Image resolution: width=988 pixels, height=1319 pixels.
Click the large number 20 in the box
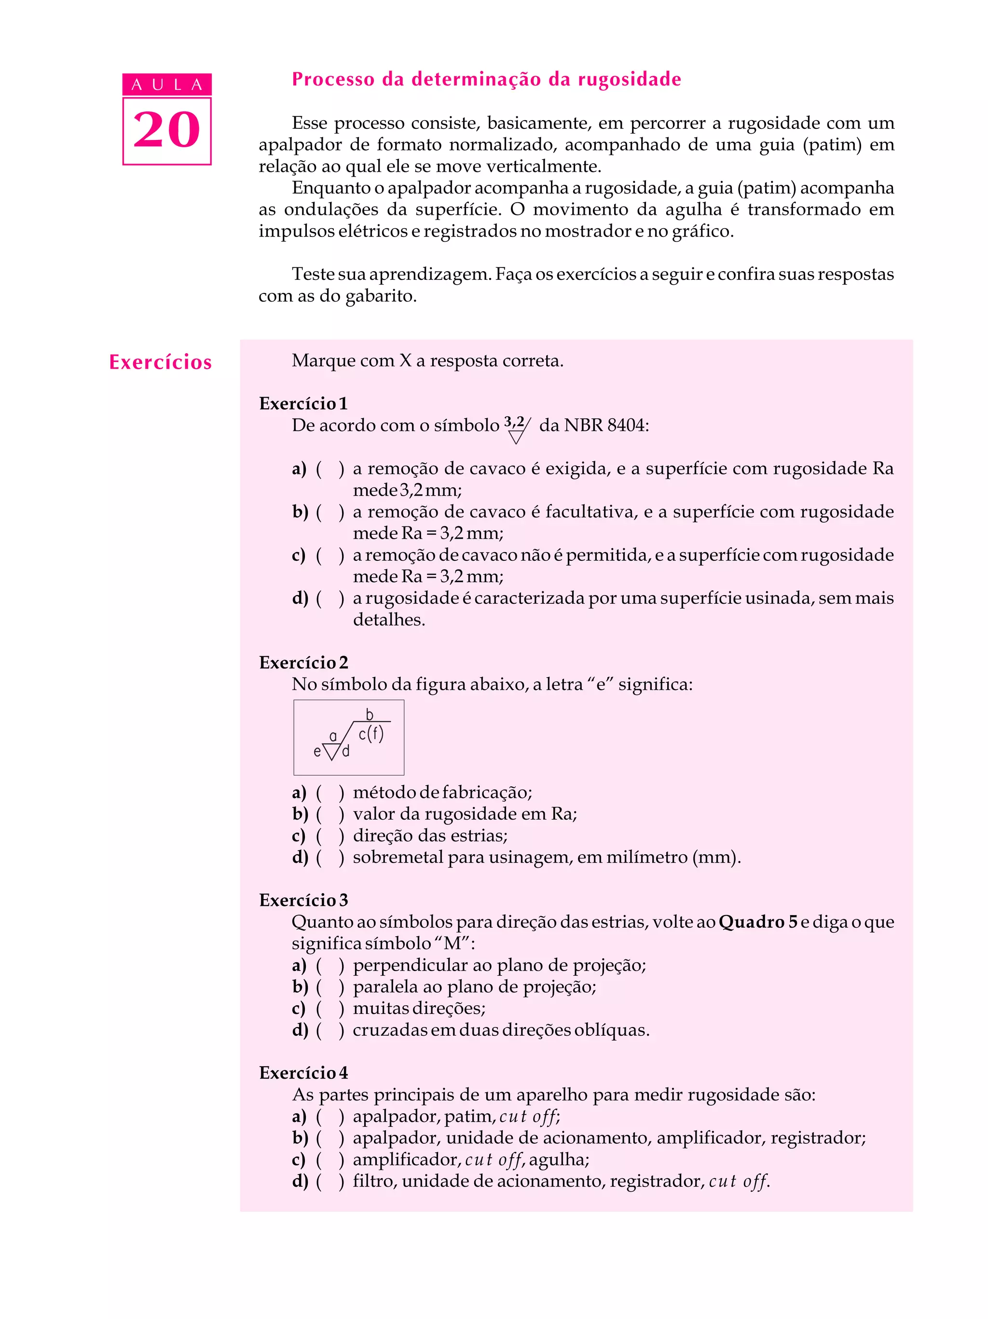[x=166, y=130]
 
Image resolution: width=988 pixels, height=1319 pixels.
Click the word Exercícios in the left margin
[x=160, y=362]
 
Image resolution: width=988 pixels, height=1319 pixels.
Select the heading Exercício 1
[x=303, y=403]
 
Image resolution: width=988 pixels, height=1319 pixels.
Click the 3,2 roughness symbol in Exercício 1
[x=517, y=429]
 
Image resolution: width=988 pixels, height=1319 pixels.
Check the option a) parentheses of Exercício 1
[x=329, y=469]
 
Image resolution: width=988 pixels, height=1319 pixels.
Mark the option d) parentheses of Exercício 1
[x=329, y=598]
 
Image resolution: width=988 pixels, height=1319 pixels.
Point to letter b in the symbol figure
[x=370, y=714]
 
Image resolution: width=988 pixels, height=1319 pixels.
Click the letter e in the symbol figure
[x=317, y=752]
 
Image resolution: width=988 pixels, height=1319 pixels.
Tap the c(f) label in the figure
[x=370, y=734]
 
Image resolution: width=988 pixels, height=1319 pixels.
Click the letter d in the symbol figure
[x=345, y=752]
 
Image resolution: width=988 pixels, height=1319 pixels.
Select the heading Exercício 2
[x=303, y=663]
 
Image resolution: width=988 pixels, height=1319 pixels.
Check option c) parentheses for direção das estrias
[x=329, y=836]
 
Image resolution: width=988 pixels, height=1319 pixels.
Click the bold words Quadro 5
[x=758, y=922]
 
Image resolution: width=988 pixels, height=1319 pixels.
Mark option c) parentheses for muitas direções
[x=329, y=1008]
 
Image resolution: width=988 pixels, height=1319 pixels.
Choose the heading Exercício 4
[x=303, y=1073]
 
